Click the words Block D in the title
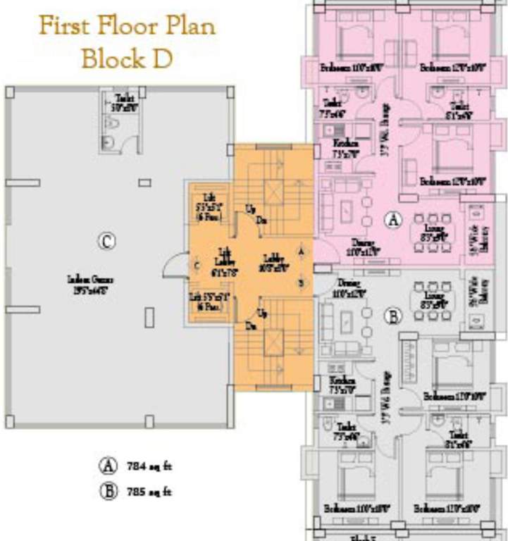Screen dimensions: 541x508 (127, 58)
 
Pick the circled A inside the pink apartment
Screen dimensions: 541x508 (393, 220)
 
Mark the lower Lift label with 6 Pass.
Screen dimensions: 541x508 (205, 301)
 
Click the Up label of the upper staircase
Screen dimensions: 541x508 (250, 209)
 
